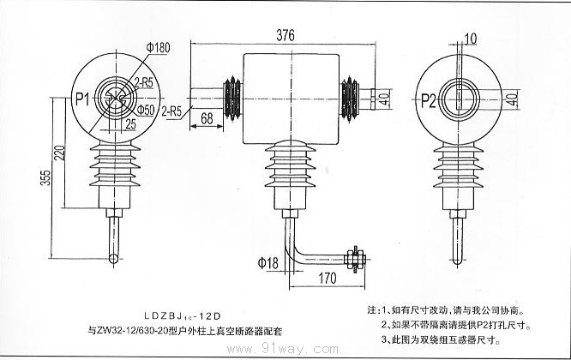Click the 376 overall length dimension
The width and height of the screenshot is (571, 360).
point(288,35)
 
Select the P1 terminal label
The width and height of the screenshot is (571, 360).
point(83,99)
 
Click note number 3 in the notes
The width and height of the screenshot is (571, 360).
point(386,339)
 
